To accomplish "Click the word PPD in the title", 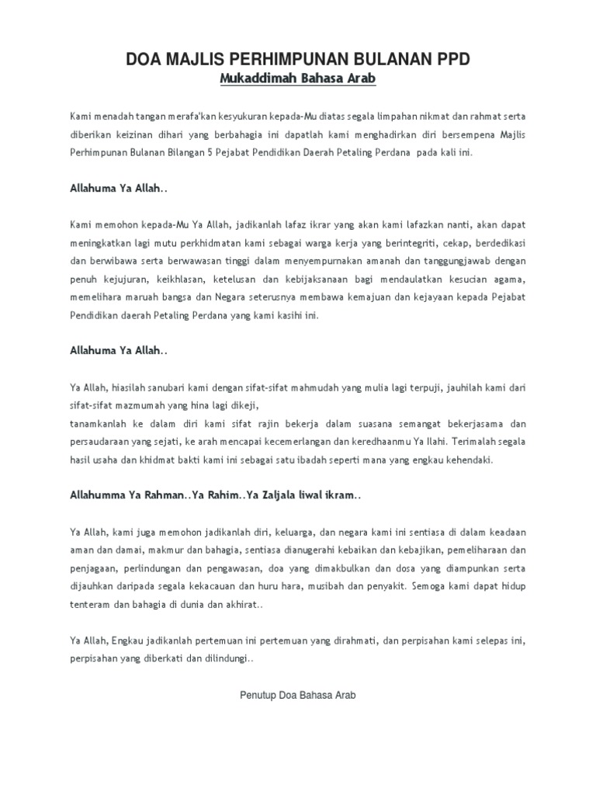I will click(x=450, y=61).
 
